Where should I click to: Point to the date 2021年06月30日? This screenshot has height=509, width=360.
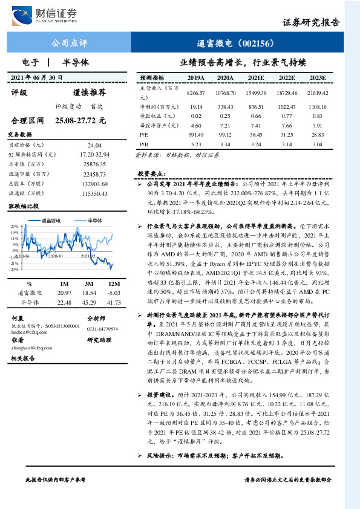[37, 78]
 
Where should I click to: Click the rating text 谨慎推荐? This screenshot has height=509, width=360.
[89, 92]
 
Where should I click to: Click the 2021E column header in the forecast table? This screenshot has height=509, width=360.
[256, 78]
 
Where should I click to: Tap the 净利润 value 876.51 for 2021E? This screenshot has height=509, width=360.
[256, 106]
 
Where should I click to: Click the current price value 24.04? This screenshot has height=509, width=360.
[94, 146]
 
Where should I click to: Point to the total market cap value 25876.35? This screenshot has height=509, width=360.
[94, 164]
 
